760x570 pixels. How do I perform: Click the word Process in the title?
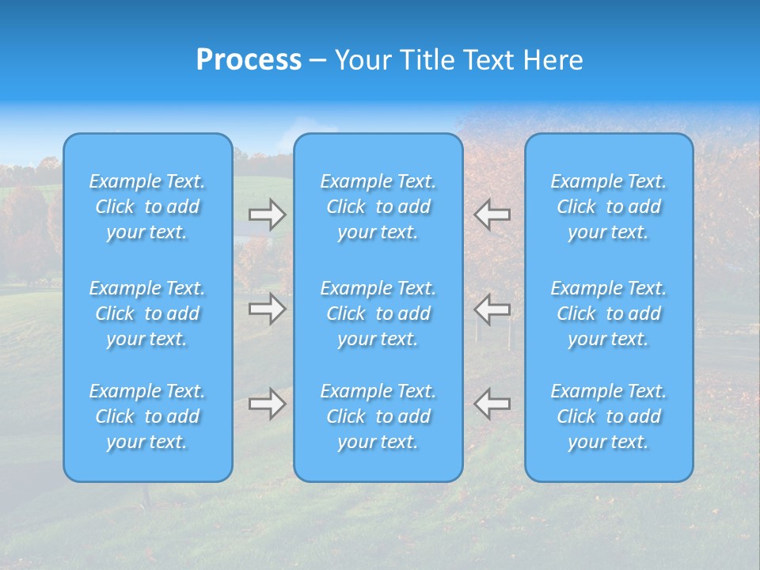click(x=249, y=60)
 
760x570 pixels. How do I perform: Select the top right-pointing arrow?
click(x=268, y=215)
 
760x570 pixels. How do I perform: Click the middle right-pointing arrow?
click(x=268, y=309)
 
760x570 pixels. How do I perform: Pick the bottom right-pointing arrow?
click(x=268, y=404)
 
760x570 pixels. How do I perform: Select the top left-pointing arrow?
click(x=492, y=215)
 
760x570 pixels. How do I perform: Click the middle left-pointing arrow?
click(x=492, y=309)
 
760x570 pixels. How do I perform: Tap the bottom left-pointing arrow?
click(x=492, y=404)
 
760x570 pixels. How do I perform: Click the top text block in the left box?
click(x=147, y=207)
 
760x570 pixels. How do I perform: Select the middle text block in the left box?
click(x=147, y=313)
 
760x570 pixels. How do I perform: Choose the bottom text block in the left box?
click(x=147, y=416)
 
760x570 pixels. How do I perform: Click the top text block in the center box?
click(x=378, y=207)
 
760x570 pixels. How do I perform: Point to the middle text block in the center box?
click(x=378, y=313)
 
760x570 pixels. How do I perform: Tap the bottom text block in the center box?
click(x=378, y=416)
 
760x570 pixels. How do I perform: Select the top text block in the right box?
click(x=609, y=207)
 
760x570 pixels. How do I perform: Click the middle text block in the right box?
click(x=609, y=313)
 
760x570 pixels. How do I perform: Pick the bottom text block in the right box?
click(x=609, y=416)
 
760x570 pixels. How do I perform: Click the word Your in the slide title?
click(x=363, y=60)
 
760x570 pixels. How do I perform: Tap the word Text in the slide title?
click(x=488, y=60)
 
